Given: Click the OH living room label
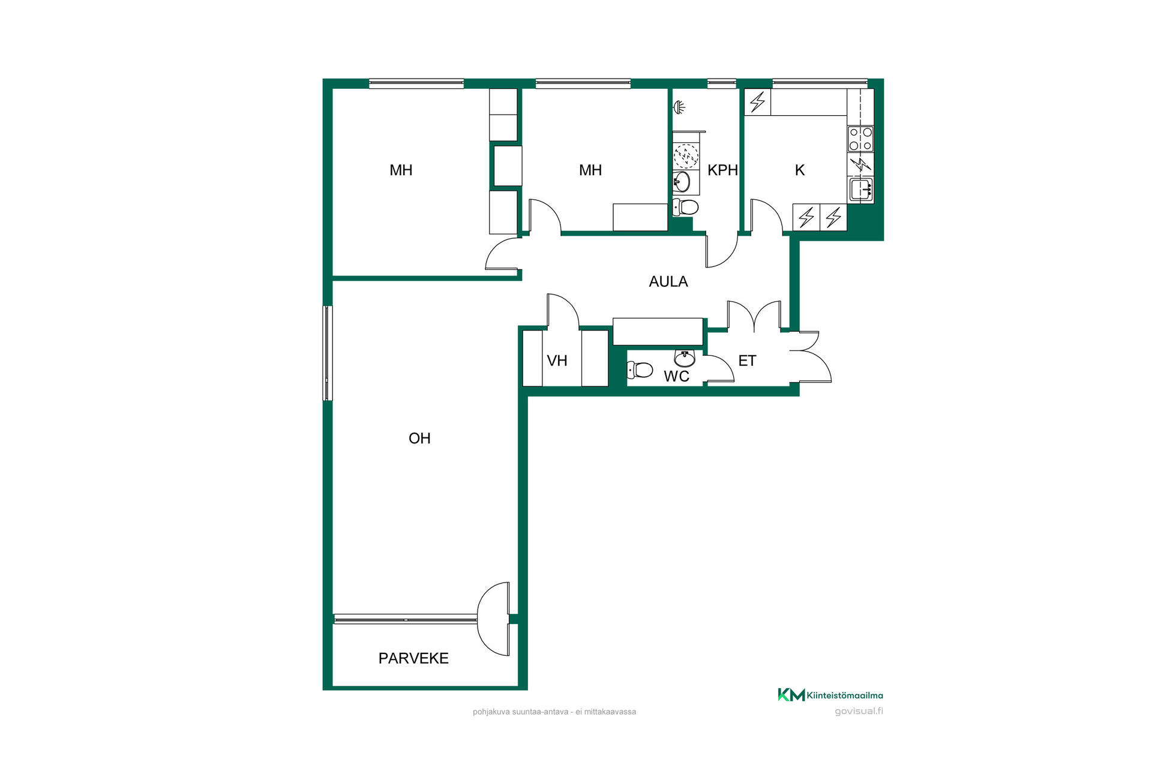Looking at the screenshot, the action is coord(419,439).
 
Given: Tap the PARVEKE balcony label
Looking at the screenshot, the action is coord(413,658).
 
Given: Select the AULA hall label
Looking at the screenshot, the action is coord(668,281).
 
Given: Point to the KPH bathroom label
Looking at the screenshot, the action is coord(722,170).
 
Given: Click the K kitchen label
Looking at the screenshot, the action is coord(800,170).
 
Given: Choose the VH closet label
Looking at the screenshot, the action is coord(557,361).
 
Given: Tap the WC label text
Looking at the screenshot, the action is coord(676,376).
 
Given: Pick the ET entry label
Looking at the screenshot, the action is coord(747,361).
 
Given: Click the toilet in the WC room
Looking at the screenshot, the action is coord(640,370).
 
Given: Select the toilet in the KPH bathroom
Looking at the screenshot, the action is coord(685,208).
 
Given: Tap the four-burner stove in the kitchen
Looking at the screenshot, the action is coord(860,139).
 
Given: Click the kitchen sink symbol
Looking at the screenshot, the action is coord(861,190).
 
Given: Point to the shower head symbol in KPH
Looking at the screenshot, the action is coord(679,107).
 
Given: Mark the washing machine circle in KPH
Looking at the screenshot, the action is coord(686,156).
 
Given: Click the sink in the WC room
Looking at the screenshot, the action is coord(685,358).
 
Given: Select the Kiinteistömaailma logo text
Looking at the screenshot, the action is coord(845,695).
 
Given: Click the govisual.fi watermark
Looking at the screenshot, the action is coord(859,712).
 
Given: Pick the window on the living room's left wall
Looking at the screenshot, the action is coord(328,353).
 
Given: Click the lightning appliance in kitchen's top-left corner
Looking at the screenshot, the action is coord(758,102).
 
